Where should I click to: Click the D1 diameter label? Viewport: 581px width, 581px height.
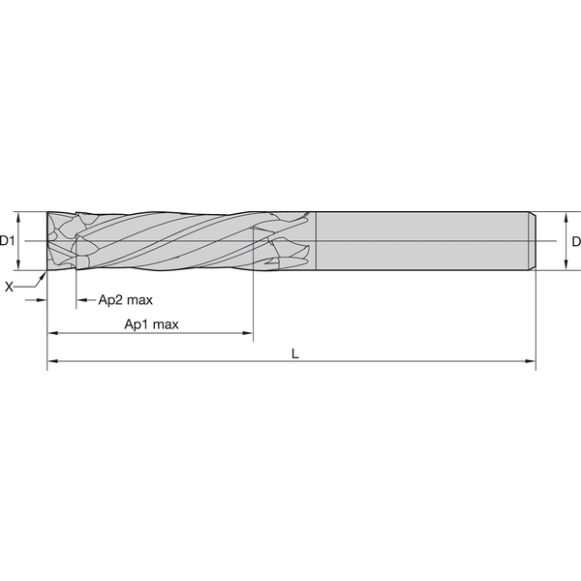(7, 241)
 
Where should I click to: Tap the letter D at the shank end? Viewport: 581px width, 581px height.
(576, 241)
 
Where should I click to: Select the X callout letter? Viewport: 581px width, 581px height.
(9, 287)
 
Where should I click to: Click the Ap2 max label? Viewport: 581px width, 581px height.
(125, 300)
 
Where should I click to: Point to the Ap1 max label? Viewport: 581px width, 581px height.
(151, 324)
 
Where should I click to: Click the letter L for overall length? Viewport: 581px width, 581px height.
(295, 353)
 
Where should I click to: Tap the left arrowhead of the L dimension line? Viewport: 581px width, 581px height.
(53, 361)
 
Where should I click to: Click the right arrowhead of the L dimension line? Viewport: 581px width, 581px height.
(531, 361)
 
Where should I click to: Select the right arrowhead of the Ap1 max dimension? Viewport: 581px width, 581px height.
(247, 333)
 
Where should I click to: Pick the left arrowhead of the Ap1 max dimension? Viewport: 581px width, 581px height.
(53, 333)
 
